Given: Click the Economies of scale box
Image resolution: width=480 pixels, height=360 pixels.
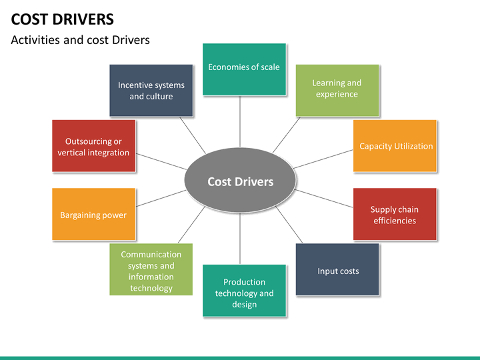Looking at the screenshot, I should click(244, 69).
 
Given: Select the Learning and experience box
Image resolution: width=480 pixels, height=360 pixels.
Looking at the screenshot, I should click(337, 90).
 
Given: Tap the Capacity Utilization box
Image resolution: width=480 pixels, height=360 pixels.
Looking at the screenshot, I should click(395, 146).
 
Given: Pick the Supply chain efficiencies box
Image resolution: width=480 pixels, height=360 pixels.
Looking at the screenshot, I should click(395, 214).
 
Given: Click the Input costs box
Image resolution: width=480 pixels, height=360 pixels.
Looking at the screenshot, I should click(337, 269).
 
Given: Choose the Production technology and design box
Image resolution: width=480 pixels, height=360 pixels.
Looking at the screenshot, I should click(244, 291).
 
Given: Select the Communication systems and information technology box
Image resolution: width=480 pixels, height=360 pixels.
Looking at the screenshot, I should click(151, 269).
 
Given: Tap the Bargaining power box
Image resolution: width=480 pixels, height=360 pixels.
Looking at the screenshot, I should click(93, 214).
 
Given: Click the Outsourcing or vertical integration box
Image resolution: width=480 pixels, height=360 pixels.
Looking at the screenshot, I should click(93, 146).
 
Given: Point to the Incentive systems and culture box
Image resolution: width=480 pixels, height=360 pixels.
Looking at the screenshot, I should click(151, 90).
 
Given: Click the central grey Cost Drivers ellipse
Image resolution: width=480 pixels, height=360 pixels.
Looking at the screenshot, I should click(240, 182).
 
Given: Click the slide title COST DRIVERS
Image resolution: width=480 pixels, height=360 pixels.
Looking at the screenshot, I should click(63, 19).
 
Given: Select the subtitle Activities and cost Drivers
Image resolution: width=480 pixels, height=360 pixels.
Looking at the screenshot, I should click(80, 40).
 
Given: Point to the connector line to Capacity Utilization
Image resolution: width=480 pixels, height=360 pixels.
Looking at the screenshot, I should click(323, 158).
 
